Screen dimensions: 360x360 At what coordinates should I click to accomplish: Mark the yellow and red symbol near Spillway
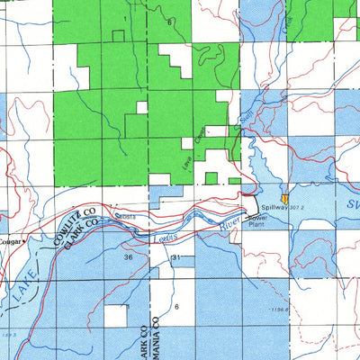click(x=285, y=197)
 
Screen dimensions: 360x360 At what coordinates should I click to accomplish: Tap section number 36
click(x=130, y=256)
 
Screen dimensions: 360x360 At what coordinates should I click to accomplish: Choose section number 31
click(x=177, y=258)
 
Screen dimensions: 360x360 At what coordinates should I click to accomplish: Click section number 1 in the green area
click(x=124, y=18)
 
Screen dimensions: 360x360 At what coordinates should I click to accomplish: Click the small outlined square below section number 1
click(x=118, y=36)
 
